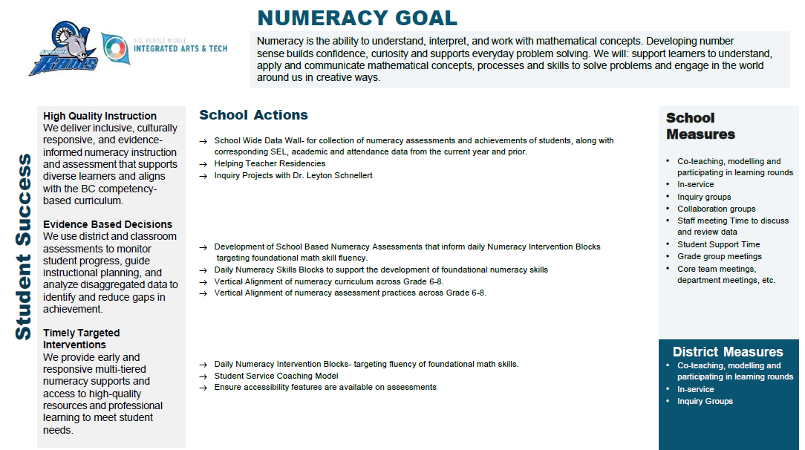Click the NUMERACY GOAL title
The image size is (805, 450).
(357, 18)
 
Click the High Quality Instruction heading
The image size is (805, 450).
(100, 116)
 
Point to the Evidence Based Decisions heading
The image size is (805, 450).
(108, 224)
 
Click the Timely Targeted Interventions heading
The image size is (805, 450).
(82, 339)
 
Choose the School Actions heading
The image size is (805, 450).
(253, 115)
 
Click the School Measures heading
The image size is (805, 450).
(700, 126)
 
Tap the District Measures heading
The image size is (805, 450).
(728, 352)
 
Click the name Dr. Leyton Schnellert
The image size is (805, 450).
(333, 175)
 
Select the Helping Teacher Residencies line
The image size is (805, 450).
(270, 163)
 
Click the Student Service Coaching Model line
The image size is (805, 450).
(276, 376)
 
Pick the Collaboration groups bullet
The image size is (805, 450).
(716, 209)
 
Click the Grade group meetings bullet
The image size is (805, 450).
(719, 256)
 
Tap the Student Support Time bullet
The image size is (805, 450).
(718, 244)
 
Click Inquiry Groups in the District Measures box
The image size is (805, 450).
(705, 401)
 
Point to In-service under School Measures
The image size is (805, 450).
(695, 184)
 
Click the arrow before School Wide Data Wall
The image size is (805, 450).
(203, 141)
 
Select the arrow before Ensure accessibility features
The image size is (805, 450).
(203, 388)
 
